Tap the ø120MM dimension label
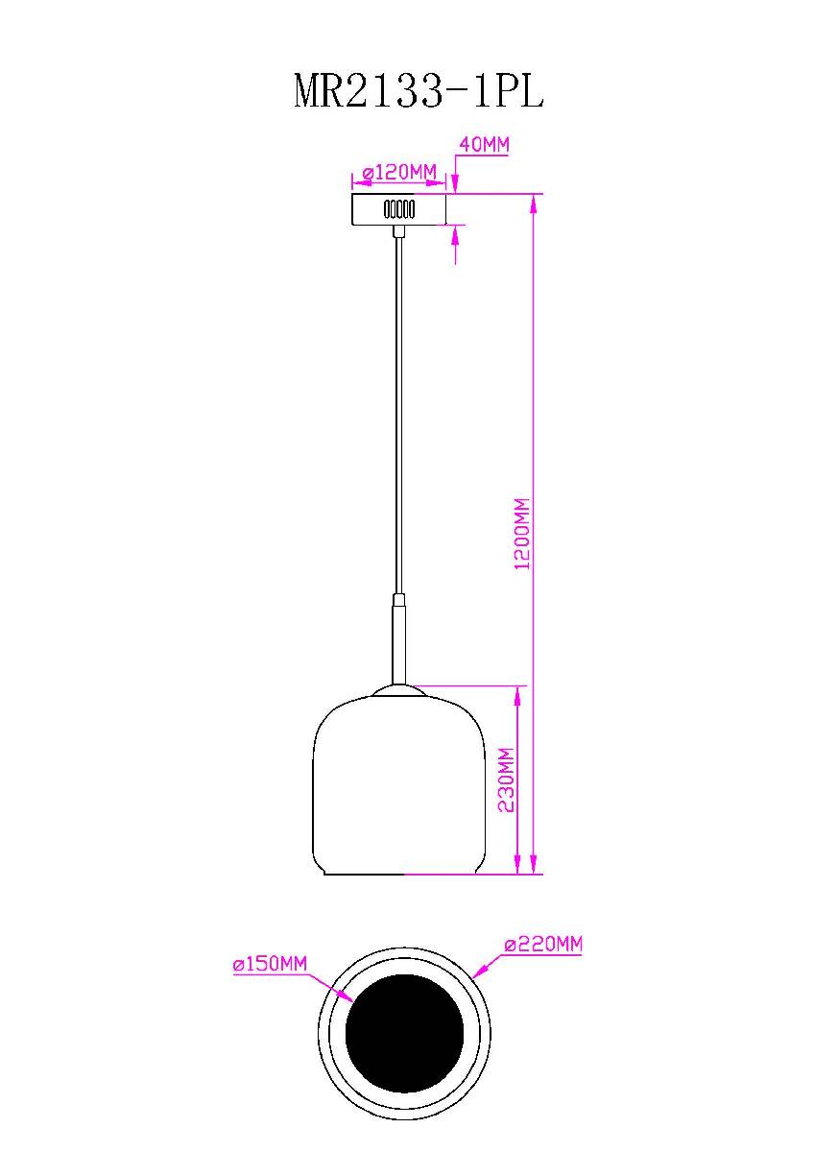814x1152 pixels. pos(400,172)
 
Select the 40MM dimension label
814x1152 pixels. pos(484,145)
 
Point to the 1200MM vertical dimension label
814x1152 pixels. pos(523,535)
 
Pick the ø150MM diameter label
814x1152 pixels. pos(270,965)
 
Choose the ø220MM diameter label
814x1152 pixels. pos(543,945)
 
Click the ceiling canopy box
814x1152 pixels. pos(399,209)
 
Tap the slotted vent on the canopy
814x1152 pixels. pos(398,208)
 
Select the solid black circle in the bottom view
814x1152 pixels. pos(404,1033)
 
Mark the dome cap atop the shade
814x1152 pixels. pos(399,689)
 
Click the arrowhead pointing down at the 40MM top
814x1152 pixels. pos(455,187)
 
